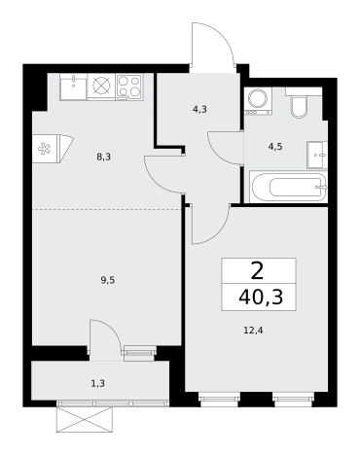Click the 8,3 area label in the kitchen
103,157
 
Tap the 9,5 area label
108,280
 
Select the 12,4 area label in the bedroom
253,331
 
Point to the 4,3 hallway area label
199,110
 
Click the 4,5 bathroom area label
275,147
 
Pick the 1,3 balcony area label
98,384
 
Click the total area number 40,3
261,297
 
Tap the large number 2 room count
257,271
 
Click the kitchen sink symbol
73,87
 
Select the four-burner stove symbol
129,87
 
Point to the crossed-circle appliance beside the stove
101,86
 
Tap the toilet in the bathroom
299,103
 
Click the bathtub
288,188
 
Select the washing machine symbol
259,102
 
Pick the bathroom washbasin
317,155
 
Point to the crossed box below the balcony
85,420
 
